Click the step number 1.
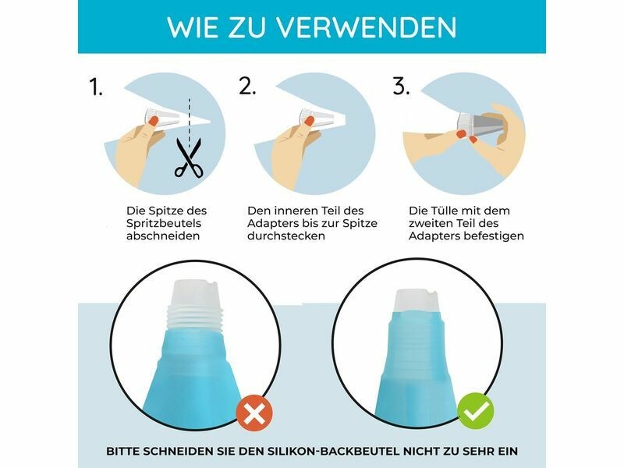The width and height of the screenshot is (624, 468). pyautogui.click(x=96, y=87)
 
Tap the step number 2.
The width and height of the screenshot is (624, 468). pyautogui.click(x=247, y=86)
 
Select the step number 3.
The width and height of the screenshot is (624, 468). pyautogui.click(x=401, y=86)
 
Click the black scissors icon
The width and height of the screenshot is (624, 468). pyautogui.click(x=189, y=158)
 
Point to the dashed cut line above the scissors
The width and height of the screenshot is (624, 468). pyautogui.click(x=190, y=119)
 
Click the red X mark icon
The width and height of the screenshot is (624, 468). pyautogui.click(x=254, y=413)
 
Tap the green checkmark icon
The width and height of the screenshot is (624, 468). pyautogui.click(x=475, y=411)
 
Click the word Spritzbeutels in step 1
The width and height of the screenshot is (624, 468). pyautogui.click(x=164, y=224)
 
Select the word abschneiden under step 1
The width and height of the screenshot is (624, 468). pyautogui.click(x=163, y=236)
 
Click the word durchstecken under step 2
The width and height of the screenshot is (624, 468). pyautogui.click(x=286, y=236)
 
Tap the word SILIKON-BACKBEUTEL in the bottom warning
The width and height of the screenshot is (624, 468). pyautogui.click(x=333, y=452)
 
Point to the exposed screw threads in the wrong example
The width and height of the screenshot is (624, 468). pyautogui.click(x=195, y=318)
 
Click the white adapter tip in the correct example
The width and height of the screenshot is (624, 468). pyautogui.click(x=417, y=301)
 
